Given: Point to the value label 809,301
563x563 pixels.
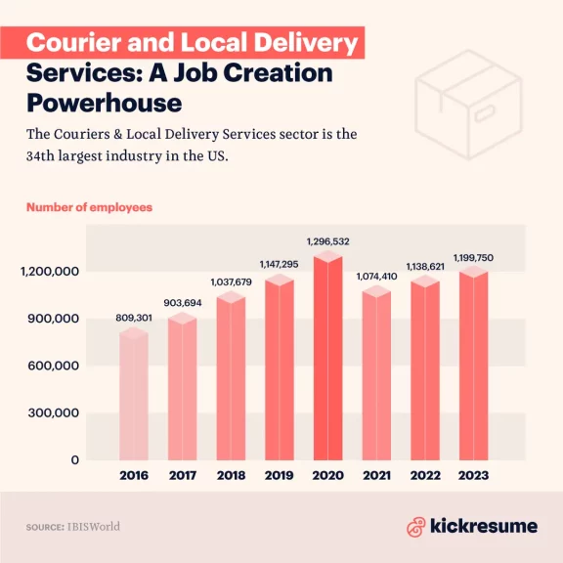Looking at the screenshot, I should click(134, 318).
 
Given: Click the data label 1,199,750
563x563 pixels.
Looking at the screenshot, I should click(474, 257).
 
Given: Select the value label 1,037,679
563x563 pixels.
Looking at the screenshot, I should click(231, 282).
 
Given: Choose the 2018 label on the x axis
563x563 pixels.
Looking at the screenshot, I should click(231, 476).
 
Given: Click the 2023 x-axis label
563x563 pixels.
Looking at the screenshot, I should click(473, 476).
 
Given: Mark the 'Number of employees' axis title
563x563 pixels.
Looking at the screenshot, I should click(89, 207).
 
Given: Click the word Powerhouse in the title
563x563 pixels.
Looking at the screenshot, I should click(104, 103).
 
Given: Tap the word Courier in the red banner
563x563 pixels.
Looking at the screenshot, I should click(70, 44).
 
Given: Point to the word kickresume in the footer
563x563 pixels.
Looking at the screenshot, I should click(484, 526).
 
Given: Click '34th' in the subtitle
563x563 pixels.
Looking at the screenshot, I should click(46, 157).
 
